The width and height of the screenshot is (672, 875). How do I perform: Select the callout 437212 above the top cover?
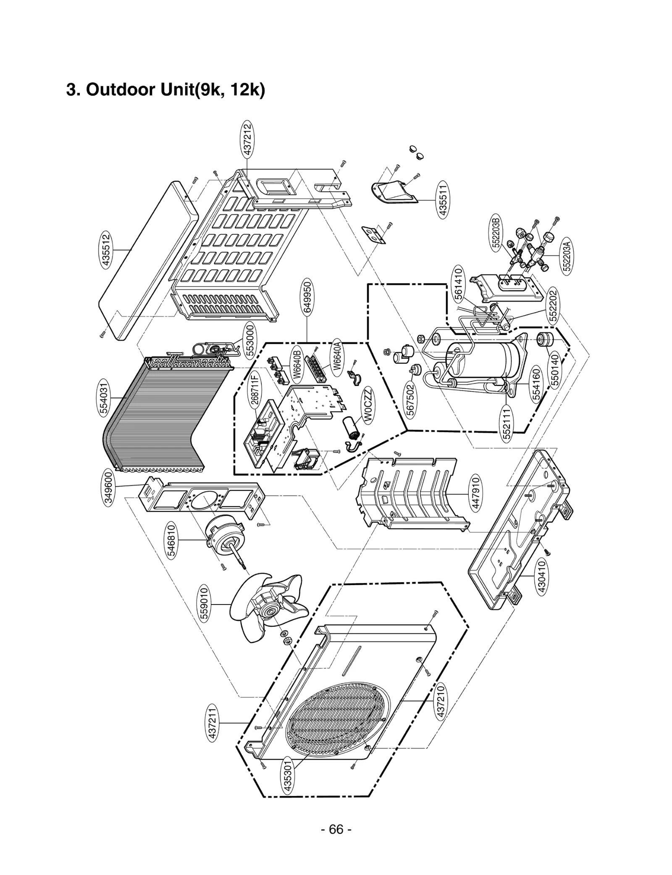(248, 139)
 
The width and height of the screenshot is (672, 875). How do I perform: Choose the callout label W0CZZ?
(368, 406)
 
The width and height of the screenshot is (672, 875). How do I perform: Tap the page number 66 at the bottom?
(336, 829)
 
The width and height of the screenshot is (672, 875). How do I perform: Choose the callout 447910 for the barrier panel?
(476, 494)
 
